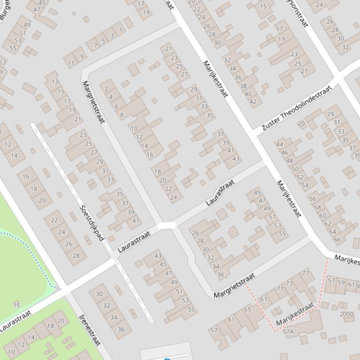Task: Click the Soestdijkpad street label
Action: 92,223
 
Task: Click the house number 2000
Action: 346,314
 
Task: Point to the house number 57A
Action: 288,331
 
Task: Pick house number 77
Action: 306,273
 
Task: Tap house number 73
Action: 290,283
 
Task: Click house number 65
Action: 247,309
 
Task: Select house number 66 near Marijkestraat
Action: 337,239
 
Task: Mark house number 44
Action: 279,144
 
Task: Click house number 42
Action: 253,101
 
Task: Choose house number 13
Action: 55,82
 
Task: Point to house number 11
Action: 71,63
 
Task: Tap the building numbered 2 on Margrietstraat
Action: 106,89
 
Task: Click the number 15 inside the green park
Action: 17,306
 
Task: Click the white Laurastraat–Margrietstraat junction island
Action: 166,225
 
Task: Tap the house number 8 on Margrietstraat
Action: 122,115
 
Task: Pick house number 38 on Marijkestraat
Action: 243,86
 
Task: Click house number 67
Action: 264,299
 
